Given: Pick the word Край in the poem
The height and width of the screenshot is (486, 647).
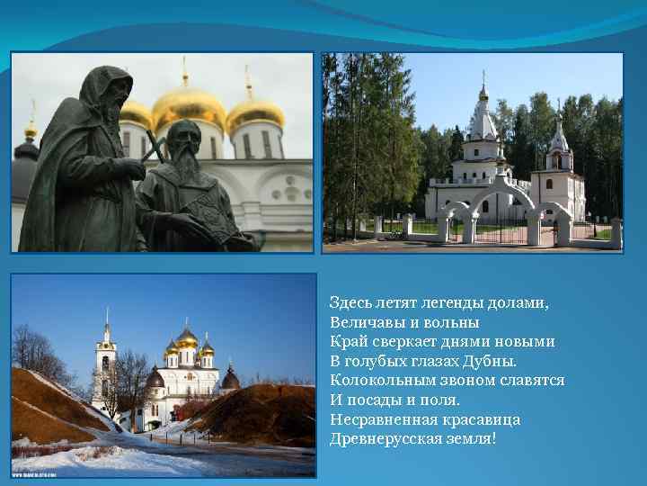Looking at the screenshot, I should [346, 342].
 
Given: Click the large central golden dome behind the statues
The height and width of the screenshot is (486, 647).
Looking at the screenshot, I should [189, 105].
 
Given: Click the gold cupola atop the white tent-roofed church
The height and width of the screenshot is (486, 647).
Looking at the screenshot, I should [483, 93].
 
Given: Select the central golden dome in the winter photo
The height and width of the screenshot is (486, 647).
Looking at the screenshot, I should [187, 338].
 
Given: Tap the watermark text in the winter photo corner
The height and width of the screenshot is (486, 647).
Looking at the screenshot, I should [34, 471].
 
